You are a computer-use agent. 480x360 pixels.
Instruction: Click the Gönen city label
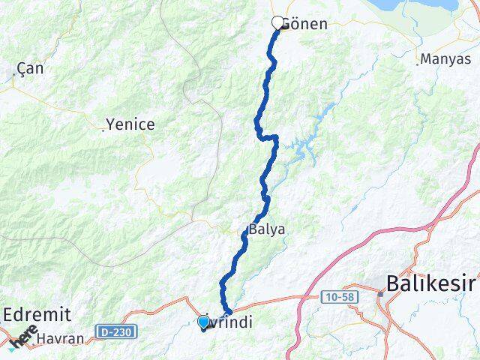pyautogui.click(x=305, y=24)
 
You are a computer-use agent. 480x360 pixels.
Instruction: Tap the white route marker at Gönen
pyautogui.click(x=278, y=23)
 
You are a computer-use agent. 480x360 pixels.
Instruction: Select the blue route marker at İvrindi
pyautogui.click(x=203, y=322)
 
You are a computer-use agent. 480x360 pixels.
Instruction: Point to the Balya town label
pyautogui.click(x=267, y=229)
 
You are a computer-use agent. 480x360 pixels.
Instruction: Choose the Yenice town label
pyautogui.click(x=130, y=124)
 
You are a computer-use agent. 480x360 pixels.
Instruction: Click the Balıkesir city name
pyautogui.click(x=430, y=283)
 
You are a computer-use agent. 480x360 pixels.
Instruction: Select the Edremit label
pyautogui.click(x=37, y=313)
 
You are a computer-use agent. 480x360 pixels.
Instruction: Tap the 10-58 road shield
pyautogui.click(x=340, y=297)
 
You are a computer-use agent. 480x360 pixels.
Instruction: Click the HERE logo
pyautogui.click(x=22, y=338)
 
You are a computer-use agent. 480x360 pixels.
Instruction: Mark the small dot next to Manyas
pyautogui.click(x=418, y=64)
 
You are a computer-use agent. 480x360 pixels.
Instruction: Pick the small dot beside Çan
pyautogui.click(x=15, y=75)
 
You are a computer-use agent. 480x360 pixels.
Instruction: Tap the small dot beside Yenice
pyautogui.click(x=103, y=130)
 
